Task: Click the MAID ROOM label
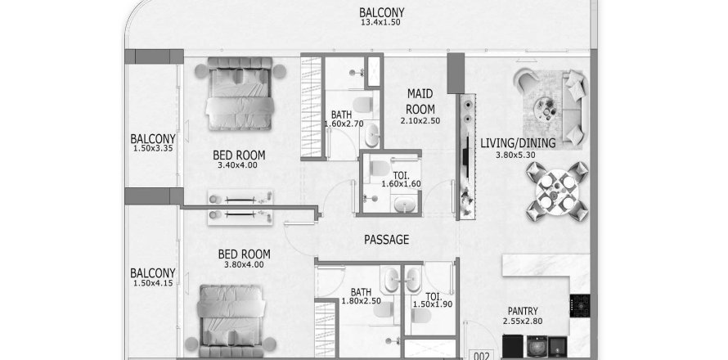(420, 102)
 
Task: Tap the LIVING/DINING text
(518, 143)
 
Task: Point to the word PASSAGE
(386, 240)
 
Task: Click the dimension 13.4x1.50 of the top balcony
(381, 23)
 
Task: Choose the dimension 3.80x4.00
(244, 264)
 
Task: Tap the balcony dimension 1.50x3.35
(153, 149)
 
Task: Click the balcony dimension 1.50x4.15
(153, 283)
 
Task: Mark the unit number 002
(482, 355)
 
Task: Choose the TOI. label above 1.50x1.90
(433, 295)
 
